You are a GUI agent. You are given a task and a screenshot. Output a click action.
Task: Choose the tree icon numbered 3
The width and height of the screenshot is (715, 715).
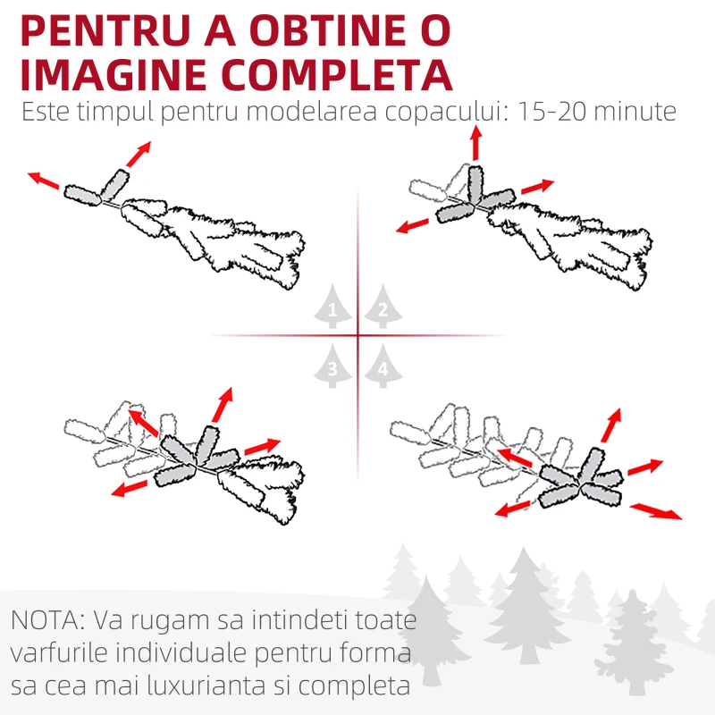(x=332, y=366)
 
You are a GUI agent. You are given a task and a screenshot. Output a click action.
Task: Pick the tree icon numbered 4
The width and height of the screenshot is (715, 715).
(x=383, y=366)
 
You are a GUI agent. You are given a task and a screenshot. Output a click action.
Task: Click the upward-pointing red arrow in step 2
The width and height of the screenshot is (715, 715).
(x=475, y=143)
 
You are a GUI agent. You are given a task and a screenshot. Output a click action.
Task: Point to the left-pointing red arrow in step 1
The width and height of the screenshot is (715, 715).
(x=44, y=181)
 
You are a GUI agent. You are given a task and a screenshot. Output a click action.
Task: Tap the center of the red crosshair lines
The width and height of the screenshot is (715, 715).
(x=357, y=336)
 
